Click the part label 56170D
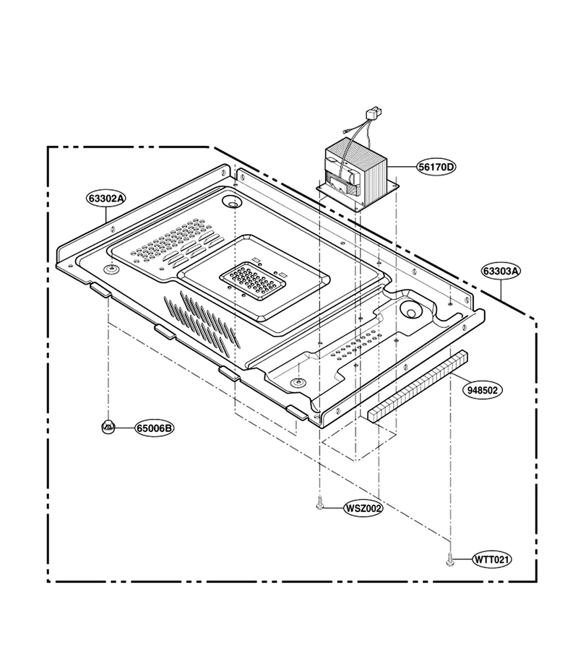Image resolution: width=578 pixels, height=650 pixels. click(436, 167)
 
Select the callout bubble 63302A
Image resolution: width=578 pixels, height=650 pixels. click(106, 198)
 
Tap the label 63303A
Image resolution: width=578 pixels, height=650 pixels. click(501, 271)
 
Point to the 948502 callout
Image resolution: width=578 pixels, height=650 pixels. click(483, 390)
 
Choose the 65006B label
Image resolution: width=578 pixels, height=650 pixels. click(154, 428)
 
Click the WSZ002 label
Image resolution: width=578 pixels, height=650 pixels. click(363, 508)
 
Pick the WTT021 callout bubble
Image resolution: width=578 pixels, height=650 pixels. click(492, 560)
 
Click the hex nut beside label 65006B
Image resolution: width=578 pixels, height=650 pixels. click(108, 425)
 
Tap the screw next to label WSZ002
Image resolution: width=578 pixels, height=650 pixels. click(319, 503)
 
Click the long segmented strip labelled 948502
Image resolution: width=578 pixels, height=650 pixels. click(417, 386)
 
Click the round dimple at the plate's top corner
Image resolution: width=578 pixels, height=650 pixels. click(231, 202)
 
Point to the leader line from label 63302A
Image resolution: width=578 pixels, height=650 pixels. click(105, 214)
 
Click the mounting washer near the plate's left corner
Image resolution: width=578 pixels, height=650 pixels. click(111, 270)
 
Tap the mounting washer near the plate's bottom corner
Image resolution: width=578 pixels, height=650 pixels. click(296, 383)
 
